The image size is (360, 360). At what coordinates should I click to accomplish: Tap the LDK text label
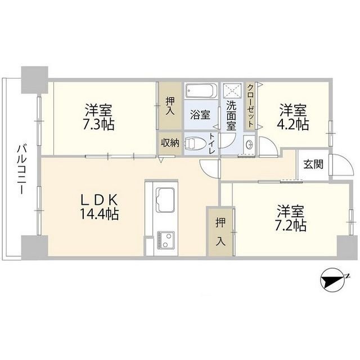click(99, 200)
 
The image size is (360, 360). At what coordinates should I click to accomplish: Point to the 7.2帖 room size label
click(290, 226)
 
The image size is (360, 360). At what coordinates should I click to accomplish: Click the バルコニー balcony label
click(21, 169)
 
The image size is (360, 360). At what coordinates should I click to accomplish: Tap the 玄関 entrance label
click(313, 164)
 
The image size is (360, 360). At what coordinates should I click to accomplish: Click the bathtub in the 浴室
click(201, 91)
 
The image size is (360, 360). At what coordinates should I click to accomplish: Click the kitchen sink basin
click(165, 200)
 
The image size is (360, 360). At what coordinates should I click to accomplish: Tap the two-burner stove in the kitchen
click(165, 240)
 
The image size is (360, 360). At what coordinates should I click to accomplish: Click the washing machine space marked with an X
click(232, 91)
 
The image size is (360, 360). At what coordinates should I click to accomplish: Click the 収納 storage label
click(170, 143)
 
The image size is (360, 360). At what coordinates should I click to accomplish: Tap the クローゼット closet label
click(251, 106)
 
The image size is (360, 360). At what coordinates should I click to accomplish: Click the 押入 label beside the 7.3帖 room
click(170, 106)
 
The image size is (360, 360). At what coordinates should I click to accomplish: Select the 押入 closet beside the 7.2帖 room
click(220, 231)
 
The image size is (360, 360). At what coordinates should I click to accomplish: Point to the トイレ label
click(211, 144)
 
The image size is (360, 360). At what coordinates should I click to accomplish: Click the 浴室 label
click(200, 115)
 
